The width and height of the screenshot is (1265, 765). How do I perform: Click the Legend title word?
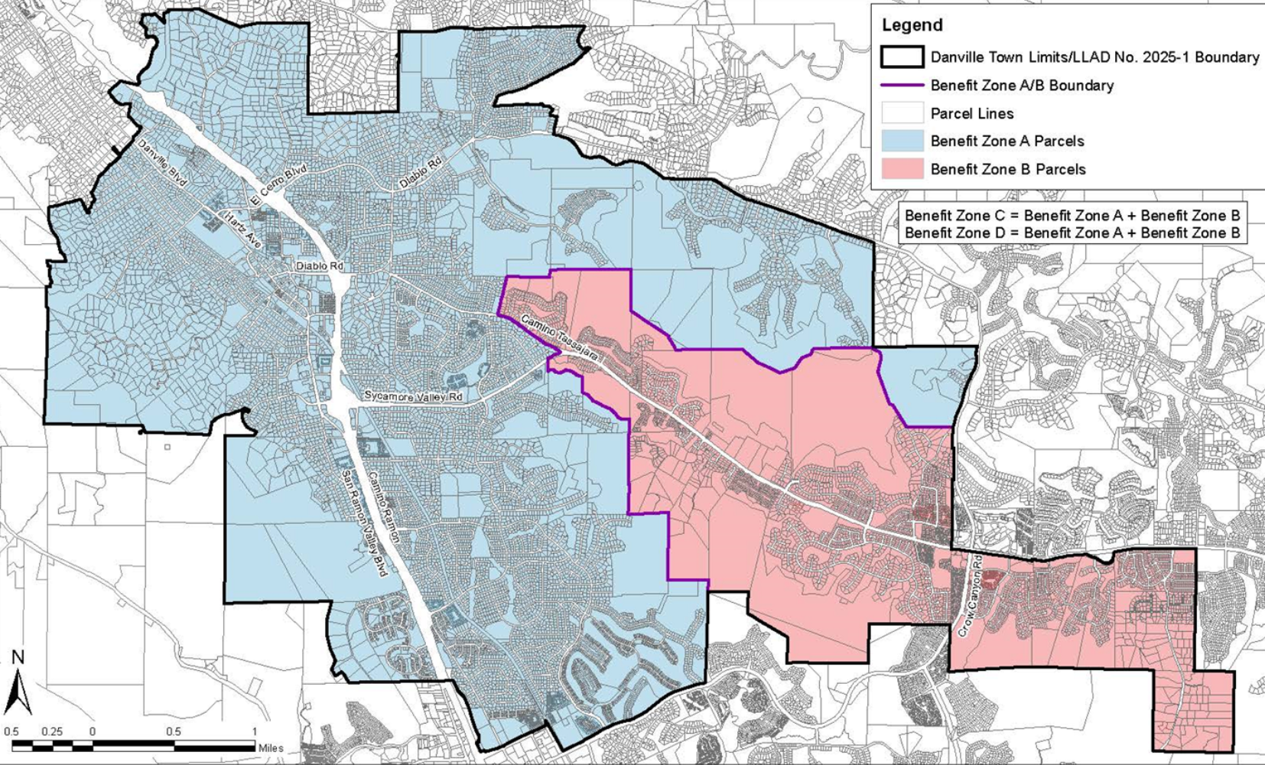point(912,25)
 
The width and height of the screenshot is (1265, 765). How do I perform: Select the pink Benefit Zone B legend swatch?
point(902,169)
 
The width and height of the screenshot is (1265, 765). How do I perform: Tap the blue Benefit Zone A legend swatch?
point(902,141)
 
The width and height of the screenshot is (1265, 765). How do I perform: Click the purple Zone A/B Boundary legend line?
point(902,85)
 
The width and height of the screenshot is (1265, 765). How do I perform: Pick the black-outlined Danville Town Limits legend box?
point(902,57)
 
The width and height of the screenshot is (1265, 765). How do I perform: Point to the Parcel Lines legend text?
point(971,114)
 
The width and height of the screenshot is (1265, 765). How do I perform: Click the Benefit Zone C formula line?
point(1072,215)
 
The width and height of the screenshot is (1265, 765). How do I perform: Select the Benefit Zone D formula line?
point(1072,233)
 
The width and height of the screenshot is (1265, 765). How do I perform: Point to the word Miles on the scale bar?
point(270,748)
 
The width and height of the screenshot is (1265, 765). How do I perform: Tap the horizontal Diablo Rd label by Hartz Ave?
point(320,266)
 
